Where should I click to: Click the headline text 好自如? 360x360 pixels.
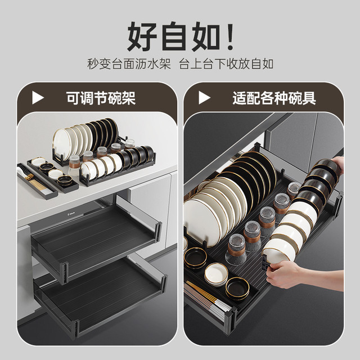181,36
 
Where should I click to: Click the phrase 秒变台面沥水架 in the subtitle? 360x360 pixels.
129,64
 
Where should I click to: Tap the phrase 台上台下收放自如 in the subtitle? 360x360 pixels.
226,64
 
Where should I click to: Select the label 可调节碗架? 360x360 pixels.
101,98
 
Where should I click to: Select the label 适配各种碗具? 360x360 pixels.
274,98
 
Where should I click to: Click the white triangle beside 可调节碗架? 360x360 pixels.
38,98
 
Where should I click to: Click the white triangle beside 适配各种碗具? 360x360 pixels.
204,98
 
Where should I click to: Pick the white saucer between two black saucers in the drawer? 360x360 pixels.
216,274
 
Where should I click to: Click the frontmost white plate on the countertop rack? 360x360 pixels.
62,144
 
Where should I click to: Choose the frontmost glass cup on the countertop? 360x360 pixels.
74,165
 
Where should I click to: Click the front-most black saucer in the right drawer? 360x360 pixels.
237,289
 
